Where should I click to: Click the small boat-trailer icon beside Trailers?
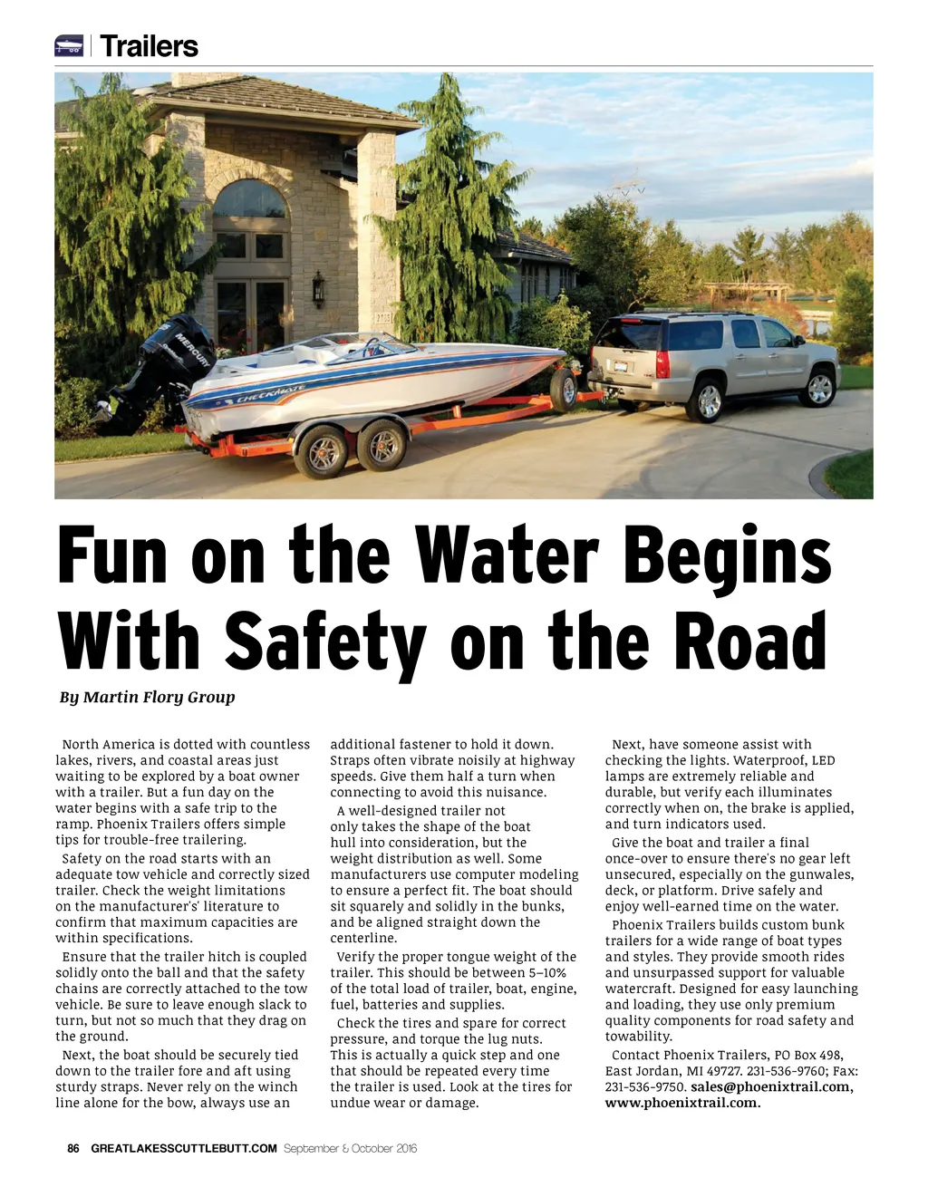point(69,45)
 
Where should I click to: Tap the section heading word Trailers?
point(150,46)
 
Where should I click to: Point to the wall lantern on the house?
point(318,289)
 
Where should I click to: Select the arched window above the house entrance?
point(249,199)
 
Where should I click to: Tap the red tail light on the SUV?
point(662,363)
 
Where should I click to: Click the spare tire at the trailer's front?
point(565,390)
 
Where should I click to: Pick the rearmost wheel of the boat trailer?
point(322,450)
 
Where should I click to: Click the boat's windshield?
point(381,347)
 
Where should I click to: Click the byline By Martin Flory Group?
point(148,697)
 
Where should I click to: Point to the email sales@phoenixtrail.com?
point(770,1086)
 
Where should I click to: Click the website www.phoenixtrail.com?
point(682,1103)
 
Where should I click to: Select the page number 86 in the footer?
point(73,1148)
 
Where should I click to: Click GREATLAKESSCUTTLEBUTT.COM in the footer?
point(184,1148)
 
